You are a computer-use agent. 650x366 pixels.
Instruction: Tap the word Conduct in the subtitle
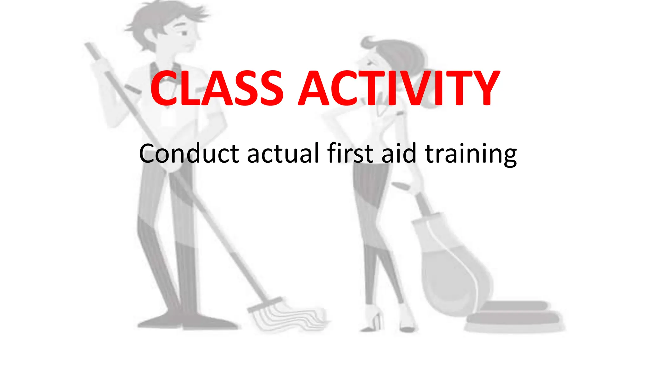coord(189,153)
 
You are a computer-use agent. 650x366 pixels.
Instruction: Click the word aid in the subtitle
coord(399,153)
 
